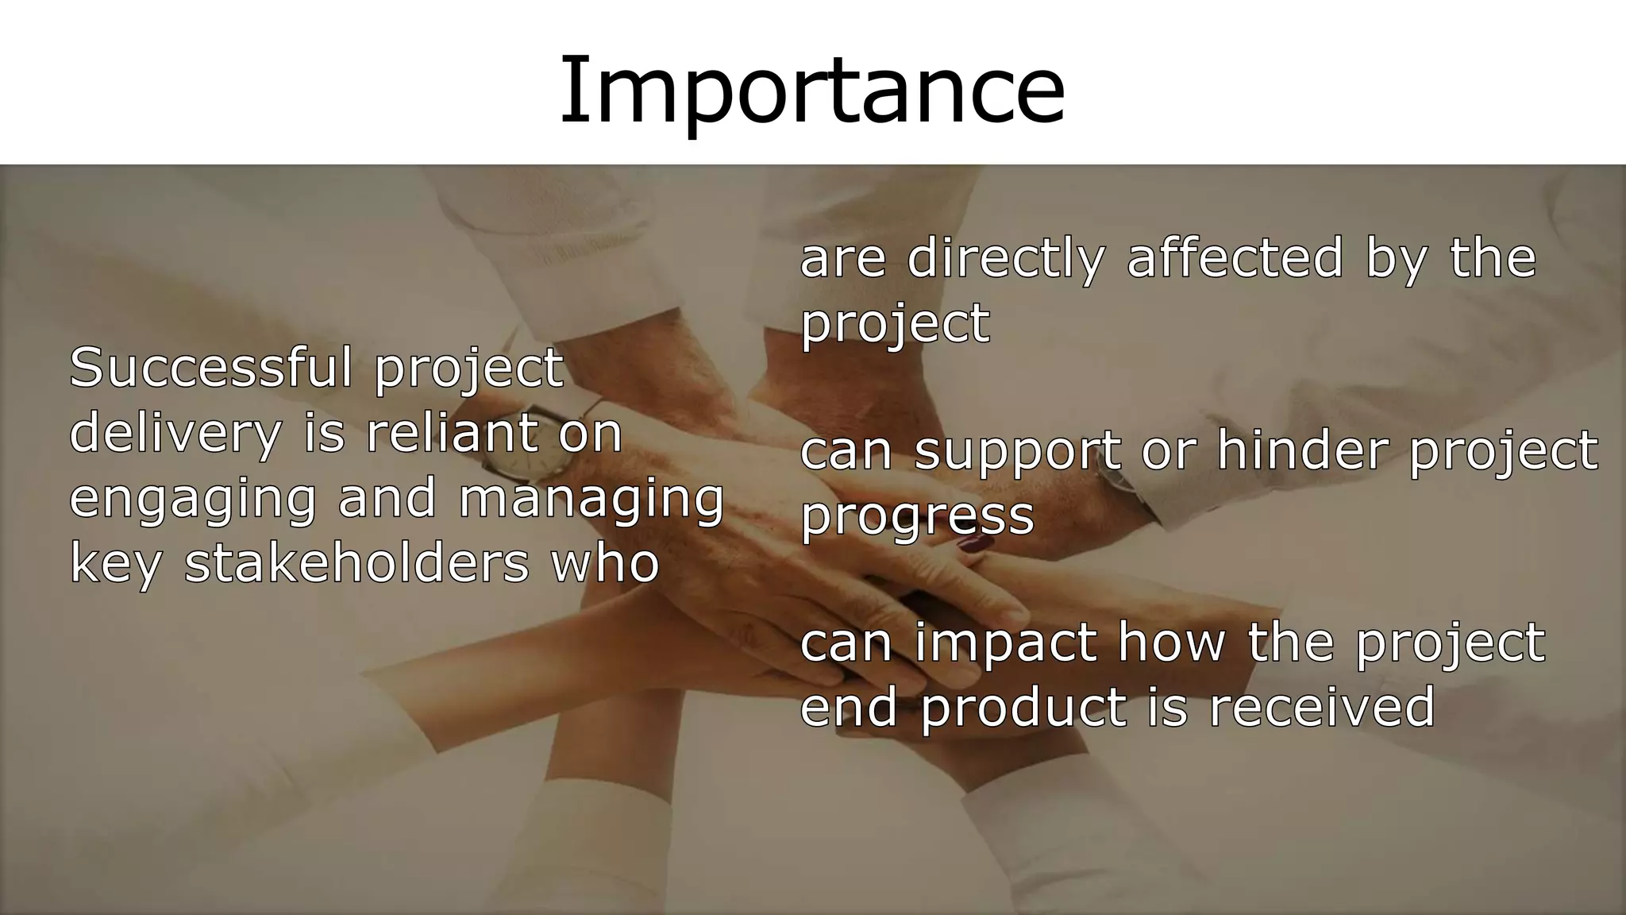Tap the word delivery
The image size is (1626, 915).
175,434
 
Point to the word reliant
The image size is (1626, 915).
451,434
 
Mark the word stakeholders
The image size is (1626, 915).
356,563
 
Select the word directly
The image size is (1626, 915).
1005,259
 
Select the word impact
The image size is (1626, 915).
1005,644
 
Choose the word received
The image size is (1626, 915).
1322,707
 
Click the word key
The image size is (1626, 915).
116,565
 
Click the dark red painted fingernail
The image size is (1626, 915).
976,544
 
